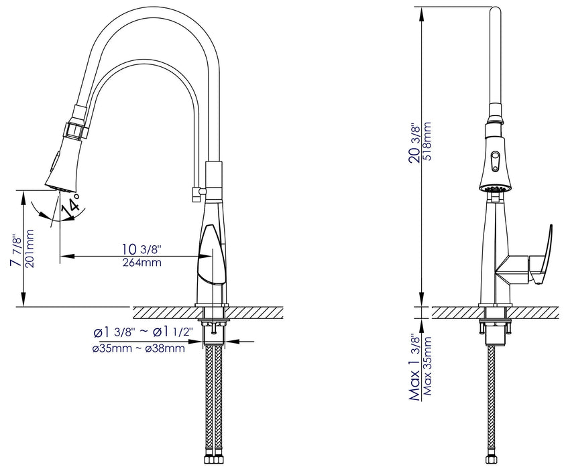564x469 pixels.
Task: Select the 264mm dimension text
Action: click(142, 262)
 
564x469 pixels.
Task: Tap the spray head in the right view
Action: click(495, 157)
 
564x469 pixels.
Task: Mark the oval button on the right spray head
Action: click(495, 159)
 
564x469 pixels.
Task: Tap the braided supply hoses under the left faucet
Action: click(215, 402)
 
